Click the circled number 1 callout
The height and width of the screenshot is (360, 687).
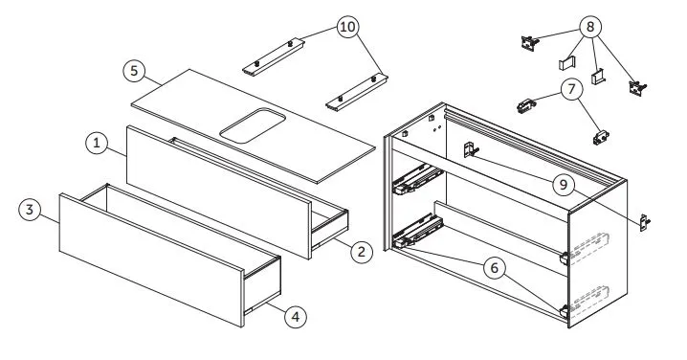tap(97, 143)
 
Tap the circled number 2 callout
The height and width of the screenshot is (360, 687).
tap(362, 252)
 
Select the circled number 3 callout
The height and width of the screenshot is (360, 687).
tap(30, 210)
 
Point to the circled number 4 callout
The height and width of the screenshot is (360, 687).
tap(296, 317)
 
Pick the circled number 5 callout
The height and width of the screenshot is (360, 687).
tap(134, 71)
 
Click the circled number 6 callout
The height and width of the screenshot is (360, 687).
tap(495, 267)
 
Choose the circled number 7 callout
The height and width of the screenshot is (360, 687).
tap(572, 89)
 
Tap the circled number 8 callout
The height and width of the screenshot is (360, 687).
tap(590, 27)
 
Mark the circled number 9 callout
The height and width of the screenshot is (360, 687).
tap(564, 185)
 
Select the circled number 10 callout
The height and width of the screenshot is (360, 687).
tap(348, 27)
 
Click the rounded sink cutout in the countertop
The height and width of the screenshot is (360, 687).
tap(253, 125)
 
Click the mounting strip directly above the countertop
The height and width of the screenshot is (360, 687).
tap(274, 57)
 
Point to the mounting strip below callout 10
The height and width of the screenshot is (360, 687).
tap(357, 92)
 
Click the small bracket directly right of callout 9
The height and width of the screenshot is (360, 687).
tap(645, 222)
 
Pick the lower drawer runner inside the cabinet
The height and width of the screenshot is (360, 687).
tap(418, 231)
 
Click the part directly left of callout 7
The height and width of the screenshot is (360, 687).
tap(526, 106)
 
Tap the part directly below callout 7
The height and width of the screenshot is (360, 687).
tap(601, 138)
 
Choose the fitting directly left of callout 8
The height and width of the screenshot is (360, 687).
tap(530, 43)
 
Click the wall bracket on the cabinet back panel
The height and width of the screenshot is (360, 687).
tap(471, 150)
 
